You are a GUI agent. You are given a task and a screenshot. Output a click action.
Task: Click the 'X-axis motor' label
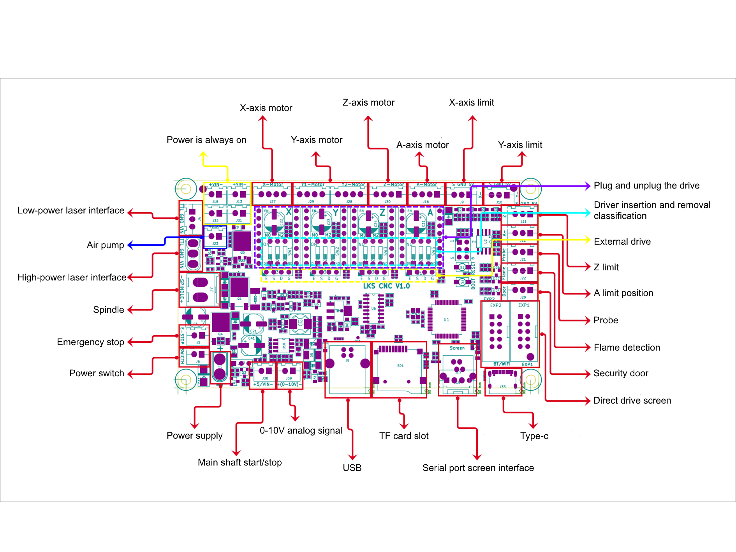pyautogui.click(x=266, y=108)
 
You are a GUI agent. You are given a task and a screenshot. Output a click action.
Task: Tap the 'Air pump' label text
pyautogui.click(x=105, y=245)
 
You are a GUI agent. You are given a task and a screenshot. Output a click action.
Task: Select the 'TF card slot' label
pyautogui.click(x=404, y=436)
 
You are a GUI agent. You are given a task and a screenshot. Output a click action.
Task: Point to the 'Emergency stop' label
pyautogui.click(x=90, y=342)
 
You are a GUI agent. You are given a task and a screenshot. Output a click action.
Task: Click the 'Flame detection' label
pyautogui.click(x=627, y=347)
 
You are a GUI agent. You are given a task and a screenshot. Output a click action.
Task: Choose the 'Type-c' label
pyautogui.click(x=534, y=436)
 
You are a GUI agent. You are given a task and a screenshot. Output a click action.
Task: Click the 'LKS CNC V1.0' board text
pyautogui.click(x=386, y=286)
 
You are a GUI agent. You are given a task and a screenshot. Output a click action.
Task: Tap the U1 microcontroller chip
pyautogui.click(x=446, y=319)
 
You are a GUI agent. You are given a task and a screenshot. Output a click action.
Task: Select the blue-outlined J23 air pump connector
pyautogui.click(x=215, y=237)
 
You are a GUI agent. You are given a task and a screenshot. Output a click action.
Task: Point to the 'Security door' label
pyautogui.click(x=621, y=373)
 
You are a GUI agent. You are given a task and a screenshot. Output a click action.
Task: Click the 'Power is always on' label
pyautogui.click(x=206, y=140)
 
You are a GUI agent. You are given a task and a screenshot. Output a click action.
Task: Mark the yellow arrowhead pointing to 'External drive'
pyautogui.click(x=588, y=240)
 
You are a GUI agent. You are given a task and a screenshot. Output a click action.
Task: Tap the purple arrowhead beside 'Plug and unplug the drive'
pyautogui.click(x=588, y=186)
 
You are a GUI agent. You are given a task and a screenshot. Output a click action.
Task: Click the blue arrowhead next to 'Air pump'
pyautogui.click(x=130, y=245)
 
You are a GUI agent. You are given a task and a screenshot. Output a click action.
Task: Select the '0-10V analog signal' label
pyautogui.click(x=301, y=430)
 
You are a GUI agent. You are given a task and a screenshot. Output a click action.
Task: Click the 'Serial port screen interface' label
pyautogui.click(x=478, y=468)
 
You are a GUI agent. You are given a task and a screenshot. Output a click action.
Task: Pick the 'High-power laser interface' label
pyautogui.click(x=72, y=277)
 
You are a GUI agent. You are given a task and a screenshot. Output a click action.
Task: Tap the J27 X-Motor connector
pyautogui.click(x=272, y=194)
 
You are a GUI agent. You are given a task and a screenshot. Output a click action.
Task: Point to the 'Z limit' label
pyautogui.click(x=606, y=267)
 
